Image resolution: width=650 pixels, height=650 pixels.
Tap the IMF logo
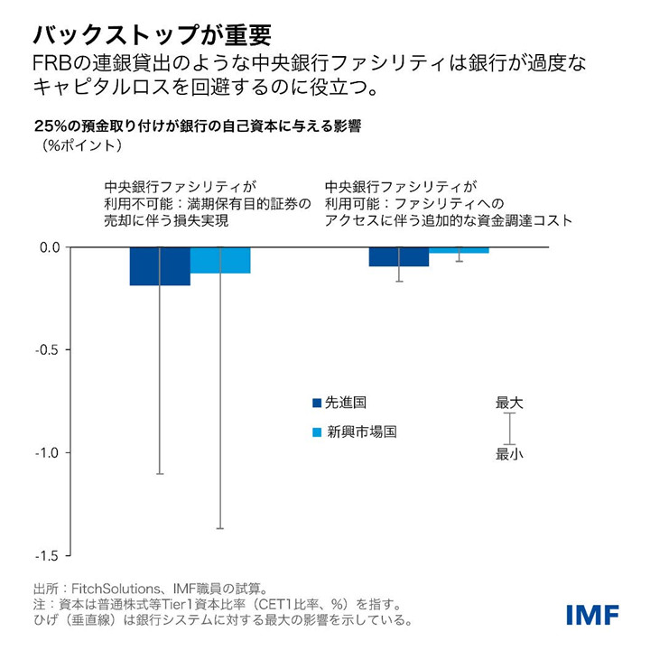(592, 615)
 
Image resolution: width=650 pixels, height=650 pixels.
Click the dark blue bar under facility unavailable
(160, 265)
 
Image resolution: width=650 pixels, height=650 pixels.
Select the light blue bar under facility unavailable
(220, 260)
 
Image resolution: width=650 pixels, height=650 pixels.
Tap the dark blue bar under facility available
(398, 256)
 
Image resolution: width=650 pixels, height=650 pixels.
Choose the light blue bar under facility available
(459, 250)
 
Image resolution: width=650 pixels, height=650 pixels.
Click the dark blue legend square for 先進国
(316, 403)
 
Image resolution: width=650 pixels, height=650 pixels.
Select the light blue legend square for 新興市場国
(316, 432)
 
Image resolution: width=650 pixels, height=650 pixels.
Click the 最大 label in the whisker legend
(509, 403)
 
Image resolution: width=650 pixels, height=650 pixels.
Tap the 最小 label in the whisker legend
(509, 454)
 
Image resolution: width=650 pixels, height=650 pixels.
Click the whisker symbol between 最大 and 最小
(509, 428)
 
